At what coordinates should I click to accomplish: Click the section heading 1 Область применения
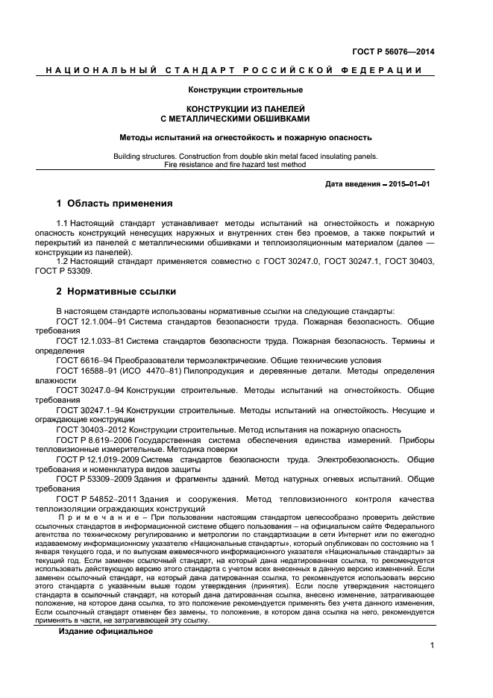115,204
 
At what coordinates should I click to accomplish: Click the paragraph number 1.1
63,223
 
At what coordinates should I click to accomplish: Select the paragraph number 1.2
63,262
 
